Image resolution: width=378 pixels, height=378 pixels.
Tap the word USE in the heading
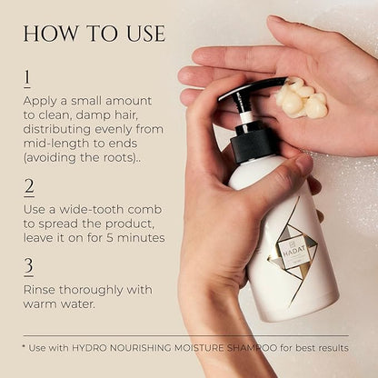tap(146, 34)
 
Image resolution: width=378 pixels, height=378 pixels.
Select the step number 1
tap(27, 78)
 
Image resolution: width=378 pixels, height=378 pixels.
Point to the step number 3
tap(29, 266)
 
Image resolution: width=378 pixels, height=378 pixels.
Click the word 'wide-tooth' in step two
tap(91, 210)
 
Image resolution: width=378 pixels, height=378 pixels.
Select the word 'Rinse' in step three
tap(39, 290)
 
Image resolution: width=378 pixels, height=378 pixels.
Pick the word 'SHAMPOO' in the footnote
tap(252, 348)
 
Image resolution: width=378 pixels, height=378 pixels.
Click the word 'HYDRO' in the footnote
tap(89, 348)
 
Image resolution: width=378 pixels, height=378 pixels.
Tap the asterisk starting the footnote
tap(24, 346)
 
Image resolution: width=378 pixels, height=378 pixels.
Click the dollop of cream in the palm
tap(302, 97)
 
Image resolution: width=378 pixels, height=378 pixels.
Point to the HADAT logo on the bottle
tap(290, 252)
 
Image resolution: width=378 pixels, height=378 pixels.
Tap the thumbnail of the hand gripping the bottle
tap(304, 163)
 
